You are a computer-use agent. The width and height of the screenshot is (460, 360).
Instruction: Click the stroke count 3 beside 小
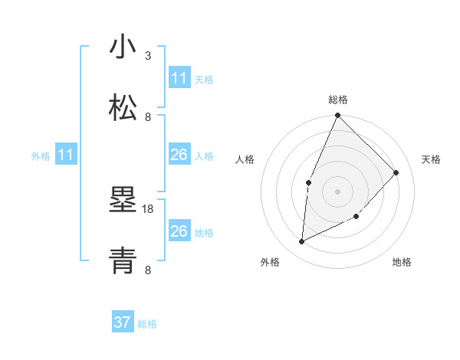[x=148, y=55]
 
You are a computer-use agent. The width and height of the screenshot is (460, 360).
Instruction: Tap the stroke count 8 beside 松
[x=148, y=116]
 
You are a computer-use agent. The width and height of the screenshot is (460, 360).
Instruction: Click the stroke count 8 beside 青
[x=148, y=270]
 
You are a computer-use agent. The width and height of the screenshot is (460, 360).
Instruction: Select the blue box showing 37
[x=123, y=322]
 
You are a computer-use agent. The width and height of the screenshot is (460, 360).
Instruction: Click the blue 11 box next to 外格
[x=66, y=155]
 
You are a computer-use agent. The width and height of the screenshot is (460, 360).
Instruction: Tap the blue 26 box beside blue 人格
[x=179, y=155]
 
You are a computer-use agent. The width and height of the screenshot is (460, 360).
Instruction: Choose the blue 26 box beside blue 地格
[x=179, y=231]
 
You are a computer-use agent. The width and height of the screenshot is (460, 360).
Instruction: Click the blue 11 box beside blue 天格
[x=179, y=78]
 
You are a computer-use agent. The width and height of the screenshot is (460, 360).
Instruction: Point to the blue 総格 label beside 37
[x=147, y=324]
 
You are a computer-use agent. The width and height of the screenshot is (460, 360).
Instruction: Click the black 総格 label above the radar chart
[x=337, y=100]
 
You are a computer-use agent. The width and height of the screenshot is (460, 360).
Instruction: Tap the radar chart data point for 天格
[x=396, y=172]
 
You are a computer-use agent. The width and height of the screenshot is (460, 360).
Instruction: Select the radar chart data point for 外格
[x=302, y=242]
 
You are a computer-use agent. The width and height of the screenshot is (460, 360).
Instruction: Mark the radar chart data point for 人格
[x=308, y=182]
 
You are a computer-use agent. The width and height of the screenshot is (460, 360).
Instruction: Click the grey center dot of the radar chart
[x=337, y=191]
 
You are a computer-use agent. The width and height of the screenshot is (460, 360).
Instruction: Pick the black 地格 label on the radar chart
[x=402, y=262]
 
